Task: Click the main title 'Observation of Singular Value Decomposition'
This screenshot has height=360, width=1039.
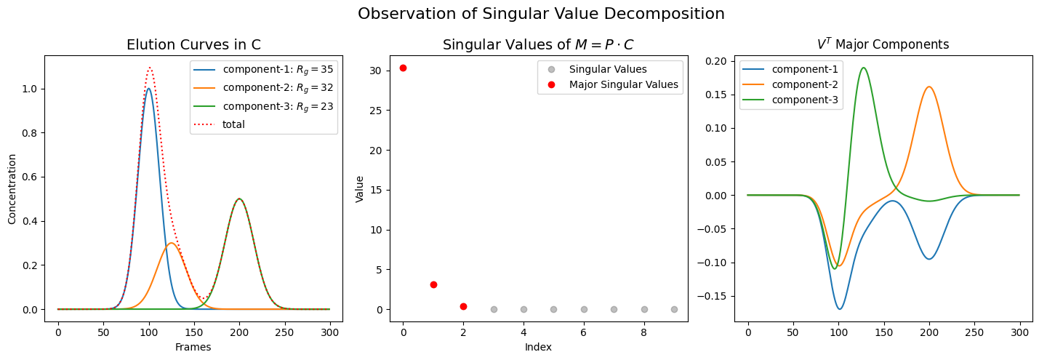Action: click(541, 14)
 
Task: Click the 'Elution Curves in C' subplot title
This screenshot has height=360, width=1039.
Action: click(193, 44)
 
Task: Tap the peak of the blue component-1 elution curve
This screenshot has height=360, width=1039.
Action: click(148, 89)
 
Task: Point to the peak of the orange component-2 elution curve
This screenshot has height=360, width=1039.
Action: click(171, 243)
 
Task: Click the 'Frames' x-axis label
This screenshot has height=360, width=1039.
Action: click(193, 348)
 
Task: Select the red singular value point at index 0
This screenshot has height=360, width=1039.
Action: click(403, 68)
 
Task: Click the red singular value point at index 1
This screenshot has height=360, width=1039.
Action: click(433, 284)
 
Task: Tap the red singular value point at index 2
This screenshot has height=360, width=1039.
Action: click(463, 306)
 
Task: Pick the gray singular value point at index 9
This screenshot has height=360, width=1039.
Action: click(674, 309)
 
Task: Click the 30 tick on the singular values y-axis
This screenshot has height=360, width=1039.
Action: click(383, 71)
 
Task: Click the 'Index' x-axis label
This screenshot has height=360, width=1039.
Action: click(538, 348)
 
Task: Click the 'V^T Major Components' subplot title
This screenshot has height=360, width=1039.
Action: click(883, 44)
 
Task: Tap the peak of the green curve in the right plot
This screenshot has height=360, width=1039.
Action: click(863, 68)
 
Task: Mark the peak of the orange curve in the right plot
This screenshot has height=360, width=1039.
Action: click(928, 87)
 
